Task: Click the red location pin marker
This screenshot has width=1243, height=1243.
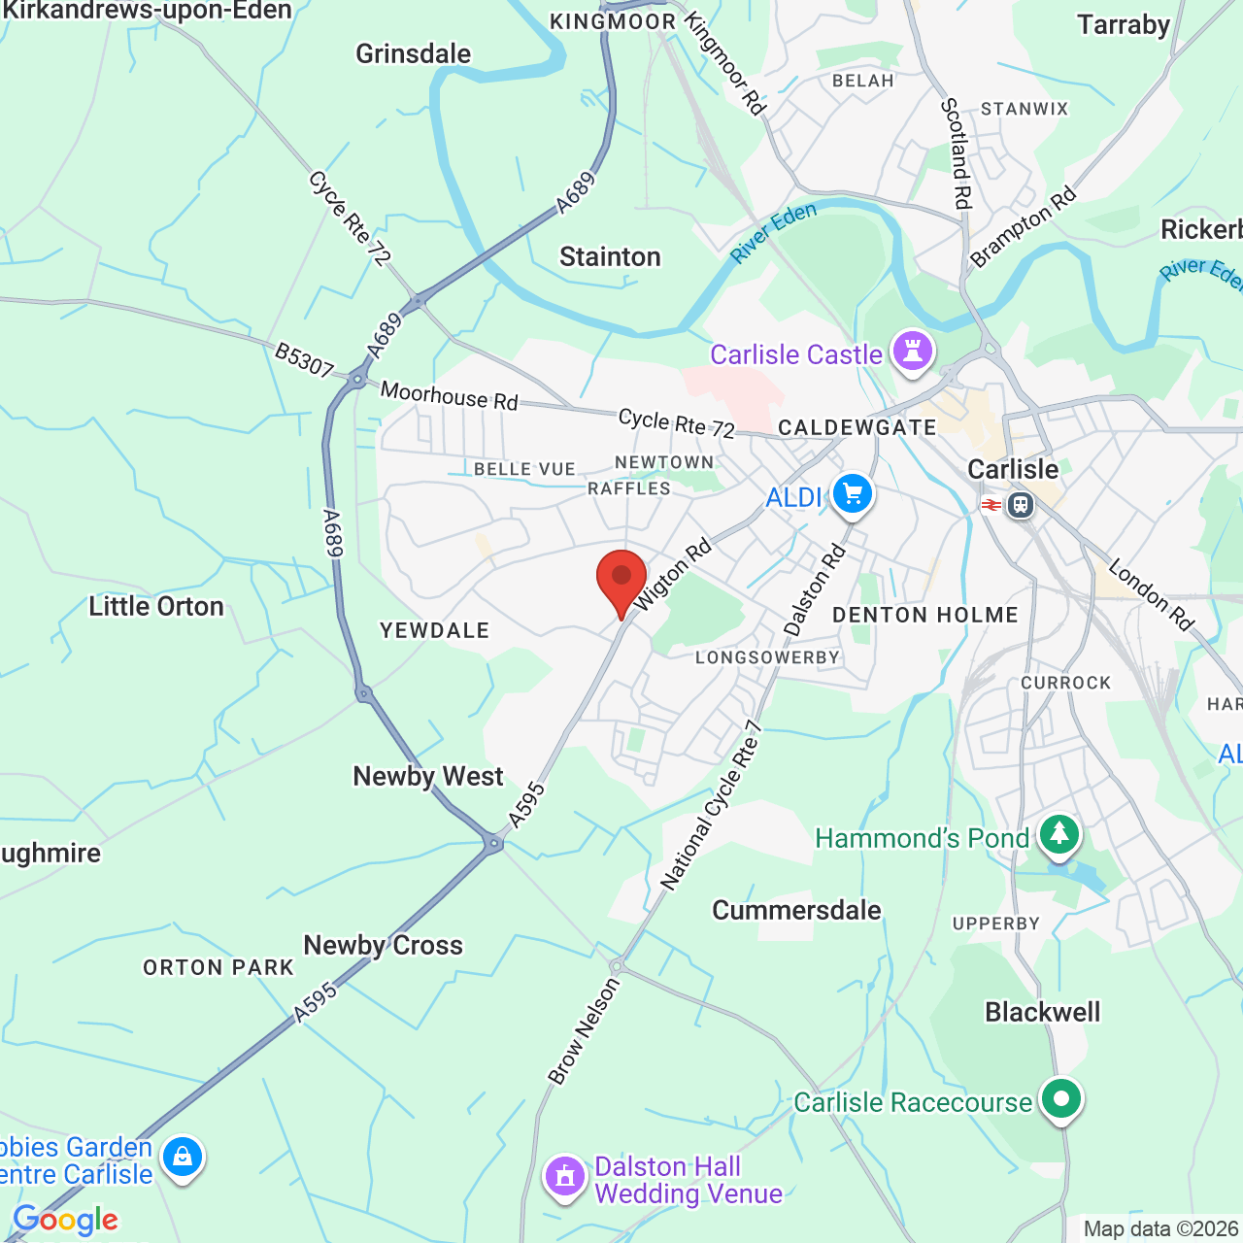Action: [x=621, y=579]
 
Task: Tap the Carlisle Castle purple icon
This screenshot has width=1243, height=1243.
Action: [x=913, y=351]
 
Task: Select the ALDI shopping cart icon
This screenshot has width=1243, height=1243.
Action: [x=852, y=495]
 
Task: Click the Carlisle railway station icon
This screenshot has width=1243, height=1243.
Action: [x=1020, y=505]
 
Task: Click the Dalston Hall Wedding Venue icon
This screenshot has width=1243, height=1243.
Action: [x=564, y=1177]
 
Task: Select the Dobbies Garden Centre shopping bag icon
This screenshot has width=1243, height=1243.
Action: [x=182, y=1158]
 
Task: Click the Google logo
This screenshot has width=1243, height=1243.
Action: [x=66, y=1220]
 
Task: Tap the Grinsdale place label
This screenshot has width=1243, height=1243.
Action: [x=413, y=53]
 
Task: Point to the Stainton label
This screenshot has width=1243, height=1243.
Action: [x=610, y=256]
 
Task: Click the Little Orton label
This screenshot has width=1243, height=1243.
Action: [x=156, y=607]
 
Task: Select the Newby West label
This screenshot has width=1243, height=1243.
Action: [x=428, y=776]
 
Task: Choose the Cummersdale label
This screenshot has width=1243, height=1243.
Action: [x=796, y=910]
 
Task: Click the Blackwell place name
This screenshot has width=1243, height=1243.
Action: [x=1042, y=1012]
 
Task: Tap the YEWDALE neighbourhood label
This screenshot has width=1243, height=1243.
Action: [x=434, y=630]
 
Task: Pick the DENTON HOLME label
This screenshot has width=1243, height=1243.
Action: [x=924, y=615]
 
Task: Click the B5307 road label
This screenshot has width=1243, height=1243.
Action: [x=304, y=359]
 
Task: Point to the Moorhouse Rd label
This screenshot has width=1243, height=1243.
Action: [x=449, y=396]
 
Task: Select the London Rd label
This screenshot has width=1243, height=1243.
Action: [x=1151, y=594]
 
